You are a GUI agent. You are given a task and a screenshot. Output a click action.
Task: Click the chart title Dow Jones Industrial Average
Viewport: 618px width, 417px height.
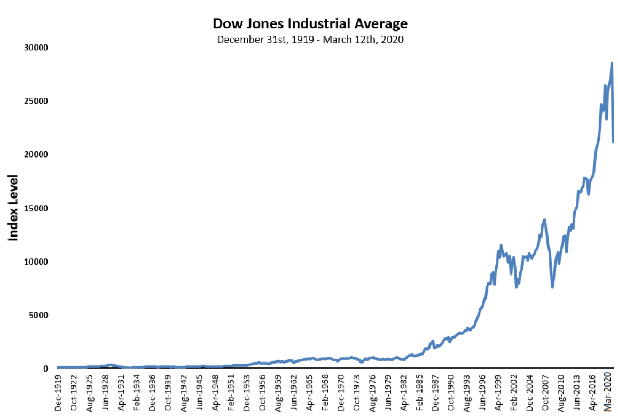[x=310, y=24]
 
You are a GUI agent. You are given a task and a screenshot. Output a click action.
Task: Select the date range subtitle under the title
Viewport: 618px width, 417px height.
[x=310, y=40]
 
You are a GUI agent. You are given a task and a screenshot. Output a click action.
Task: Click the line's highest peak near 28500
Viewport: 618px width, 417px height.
[x=612, y=64]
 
